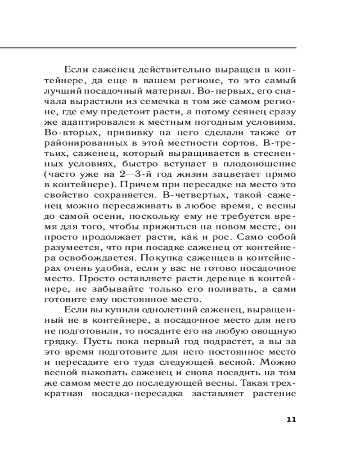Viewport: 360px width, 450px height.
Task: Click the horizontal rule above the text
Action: tap(148, 47)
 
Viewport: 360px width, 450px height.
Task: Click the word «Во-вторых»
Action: tap(67, 133)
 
